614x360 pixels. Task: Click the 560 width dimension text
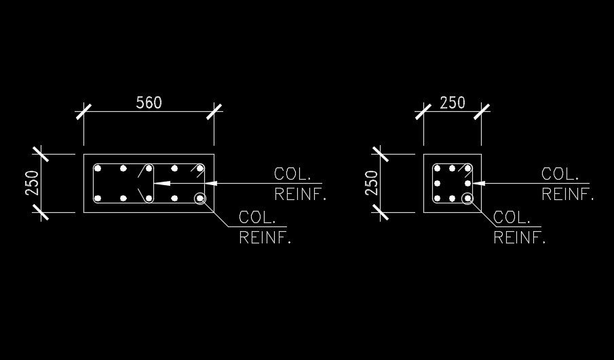pos(149,102)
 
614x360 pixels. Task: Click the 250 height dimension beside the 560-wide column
pos(32,184)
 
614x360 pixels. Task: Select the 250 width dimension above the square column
pos(453,102)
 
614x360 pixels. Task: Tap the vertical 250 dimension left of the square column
pos(371,184)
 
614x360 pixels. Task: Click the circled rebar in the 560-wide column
pos(200,199)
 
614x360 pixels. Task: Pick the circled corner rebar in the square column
pos(467,199)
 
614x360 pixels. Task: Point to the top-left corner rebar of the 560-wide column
pos(98,168)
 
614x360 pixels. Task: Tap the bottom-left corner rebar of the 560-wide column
pos(98,199)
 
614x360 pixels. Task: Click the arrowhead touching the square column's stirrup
pos(477,183)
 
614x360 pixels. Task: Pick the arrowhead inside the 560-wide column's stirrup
pos(159,183)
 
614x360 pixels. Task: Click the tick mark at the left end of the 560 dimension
pos(84,111)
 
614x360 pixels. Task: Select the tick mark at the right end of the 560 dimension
pos(215,111)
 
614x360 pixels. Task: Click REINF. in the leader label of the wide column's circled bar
pos(265,238)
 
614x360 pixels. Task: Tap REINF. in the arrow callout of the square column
pos(567,195)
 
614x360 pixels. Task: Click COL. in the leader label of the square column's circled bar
pos(512,218)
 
